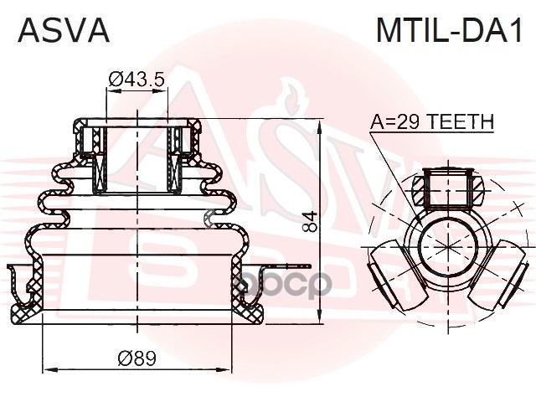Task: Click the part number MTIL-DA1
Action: click(x=448, y=30)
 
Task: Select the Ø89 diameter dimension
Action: click(x=137, y=358)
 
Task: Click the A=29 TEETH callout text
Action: click(x=432, y=122)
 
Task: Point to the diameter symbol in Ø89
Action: click(x=124, y=358)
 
